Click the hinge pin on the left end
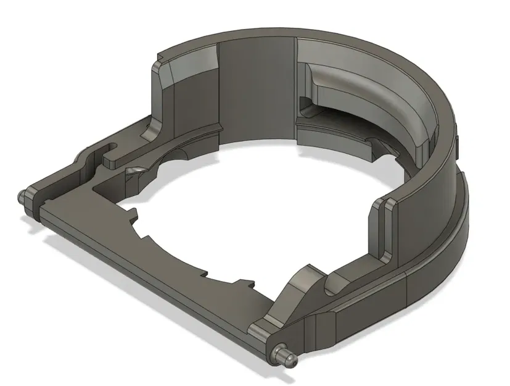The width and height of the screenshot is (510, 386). coord(23,197)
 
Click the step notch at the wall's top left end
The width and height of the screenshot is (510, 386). coord(159,62)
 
